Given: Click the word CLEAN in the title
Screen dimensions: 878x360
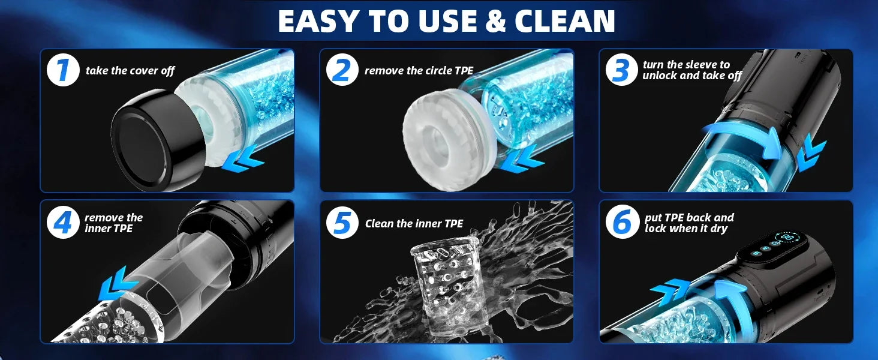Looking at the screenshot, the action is (x=564, y=21).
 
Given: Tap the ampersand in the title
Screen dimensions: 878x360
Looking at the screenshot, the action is (x=495, y=21).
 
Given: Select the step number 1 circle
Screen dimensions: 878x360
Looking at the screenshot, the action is (x=63, y=70).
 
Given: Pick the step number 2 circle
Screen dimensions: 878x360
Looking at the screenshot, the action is (x=342, y=70).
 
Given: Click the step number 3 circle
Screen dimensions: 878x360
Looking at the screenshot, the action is (x=621, y=70).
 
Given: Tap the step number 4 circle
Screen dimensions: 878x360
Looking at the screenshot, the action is (x=63, y=223).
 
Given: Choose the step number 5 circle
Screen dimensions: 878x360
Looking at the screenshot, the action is (x=342, y=223).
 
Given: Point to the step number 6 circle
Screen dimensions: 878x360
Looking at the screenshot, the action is (x=622, y=223).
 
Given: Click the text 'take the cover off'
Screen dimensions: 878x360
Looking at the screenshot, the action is (x=130, y=71).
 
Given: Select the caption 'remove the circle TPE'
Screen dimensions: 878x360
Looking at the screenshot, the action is (x=419, y=71).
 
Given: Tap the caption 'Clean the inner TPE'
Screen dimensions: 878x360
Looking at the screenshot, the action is (x=414, y=224).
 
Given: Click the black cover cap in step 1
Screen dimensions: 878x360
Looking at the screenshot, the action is (x=157, y=141).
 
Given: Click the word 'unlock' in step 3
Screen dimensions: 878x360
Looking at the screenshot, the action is (x=660, y=75).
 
